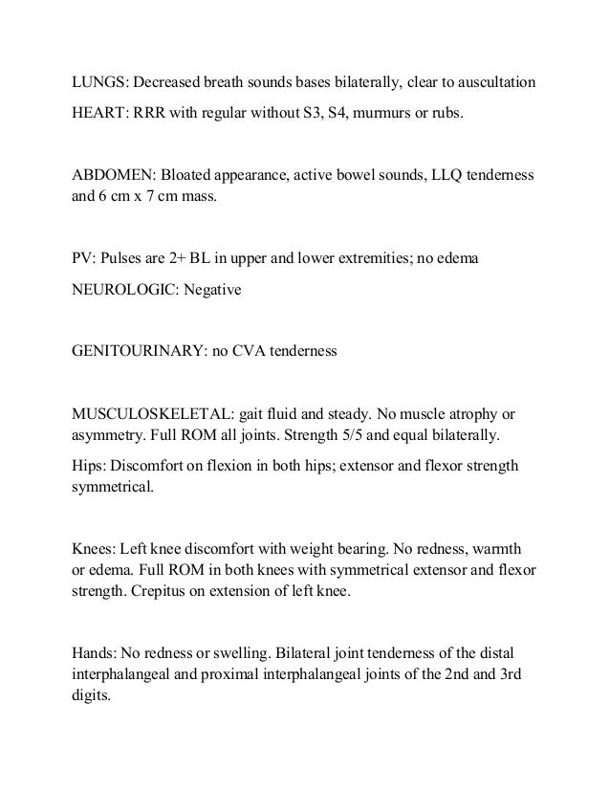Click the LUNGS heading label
[x=100, y=79]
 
